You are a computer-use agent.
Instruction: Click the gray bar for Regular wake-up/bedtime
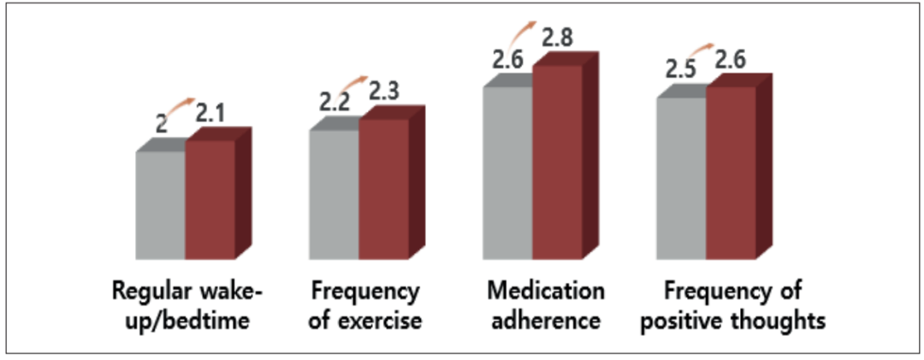tap(161, 205)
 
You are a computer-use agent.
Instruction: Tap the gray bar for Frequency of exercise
tap(334, 194)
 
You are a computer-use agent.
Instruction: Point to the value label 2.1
tap(210, 113)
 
